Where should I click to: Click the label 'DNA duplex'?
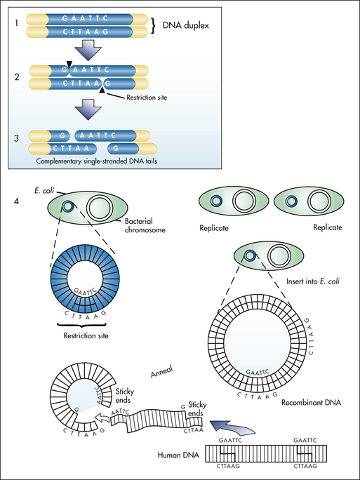[185, 25]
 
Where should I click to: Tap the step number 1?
[16, 23]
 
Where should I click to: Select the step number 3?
[17, 138]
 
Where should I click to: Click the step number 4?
[17, 201]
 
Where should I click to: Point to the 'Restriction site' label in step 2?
[147, 98]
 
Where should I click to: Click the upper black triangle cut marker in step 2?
[69, 64]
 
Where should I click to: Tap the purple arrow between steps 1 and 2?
[88, 49]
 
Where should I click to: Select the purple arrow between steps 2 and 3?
[88, 109]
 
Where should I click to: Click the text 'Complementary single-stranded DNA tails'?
[97, 161]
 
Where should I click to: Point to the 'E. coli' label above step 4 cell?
[44, 191]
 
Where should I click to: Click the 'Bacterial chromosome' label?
[145, 225]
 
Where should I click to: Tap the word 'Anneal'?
[162, 372]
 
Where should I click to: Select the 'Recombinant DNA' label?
[311, 402]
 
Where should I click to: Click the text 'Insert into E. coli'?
[313, 281]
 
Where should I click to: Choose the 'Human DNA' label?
[178, 455]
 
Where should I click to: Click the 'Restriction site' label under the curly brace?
[86, 336]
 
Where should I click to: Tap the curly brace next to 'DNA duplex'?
[154, 25]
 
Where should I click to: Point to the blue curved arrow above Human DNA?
[232, 427]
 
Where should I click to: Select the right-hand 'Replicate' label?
[328, 227]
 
